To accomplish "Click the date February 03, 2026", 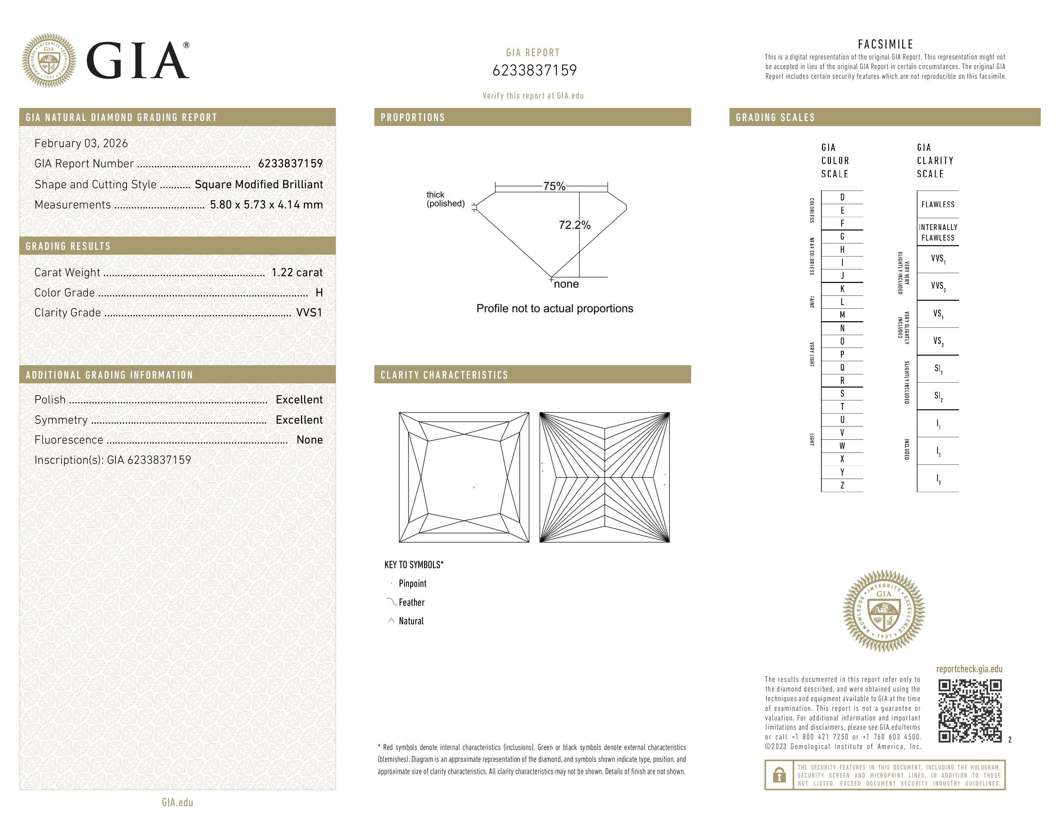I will click(81, 143).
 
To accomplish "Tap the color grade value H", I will click(319, 293).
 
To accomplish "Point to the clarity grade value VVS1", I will click(309, 313).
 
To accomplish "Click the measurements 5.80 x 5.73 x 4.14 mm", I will click(266, 205).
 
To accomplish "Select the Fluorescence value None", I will click(309, 440).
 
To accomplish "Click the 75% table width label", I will click(554, 186).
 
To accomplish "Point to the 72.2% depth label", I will click(574, 225).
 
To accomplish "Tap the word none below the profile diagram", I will click(566, 284).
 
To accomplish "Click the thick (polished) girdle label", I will click(445, 199).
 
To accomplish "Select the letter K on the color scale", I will click(842, 289).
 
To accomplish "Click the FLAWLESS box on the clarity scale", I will click(938, 204).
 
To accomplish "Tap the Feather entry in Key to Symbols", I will click(411, 602).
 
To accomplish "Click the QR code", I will click(969, 711).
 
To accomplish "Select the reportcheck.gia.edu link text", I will click(969, 669).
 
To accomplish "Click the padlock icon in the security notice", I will click(779, 775).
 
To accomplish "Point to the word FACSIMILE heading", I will click(885, 44).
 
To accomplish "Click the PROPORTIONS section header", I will click(412, 118).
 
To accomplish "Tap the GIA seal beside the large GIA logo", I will click(49, 60).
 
